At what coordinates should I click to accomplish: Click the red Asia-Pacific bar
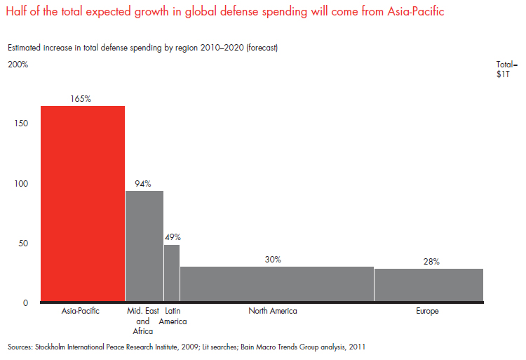(x=83, y=204)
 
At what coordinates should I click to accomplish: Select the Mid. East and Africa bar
(x=144, y=246)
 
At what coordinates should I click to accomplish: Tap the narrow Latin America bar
(x=172, y=273)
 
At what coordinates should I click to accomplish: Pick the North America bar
(x=276, y=284)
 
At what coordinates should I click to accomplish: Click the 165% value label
(x=81, y=99)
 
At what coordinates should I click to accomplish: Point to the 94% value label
(x=144, y=184)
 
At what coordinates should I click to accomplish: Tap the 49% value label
(x=173, y=237)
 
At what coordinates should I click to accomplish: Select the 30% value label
(x=273, y=260)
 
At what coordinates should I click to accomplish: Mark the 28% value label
(x=431, y=262)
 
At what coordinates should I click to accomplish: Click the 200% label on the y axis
(x=18, y=65)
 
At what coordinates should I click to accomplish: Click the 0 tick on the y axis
(x=25, y=303)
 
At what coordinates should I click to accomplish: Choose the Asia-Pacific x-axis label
(x=82, y=311)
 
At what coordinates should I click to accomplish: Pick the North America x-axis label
(x=273, y=311)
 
